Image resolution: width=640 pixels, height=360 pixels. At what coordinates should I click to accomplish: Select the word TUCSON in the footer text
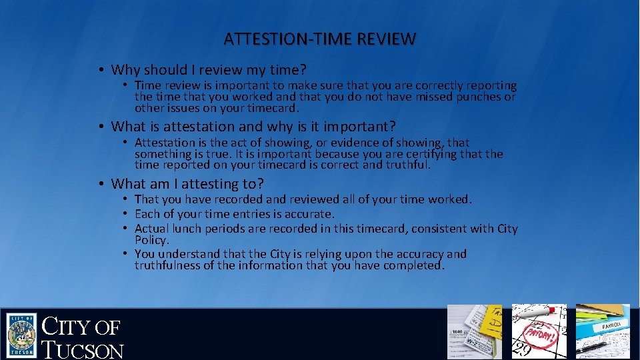[83, 350]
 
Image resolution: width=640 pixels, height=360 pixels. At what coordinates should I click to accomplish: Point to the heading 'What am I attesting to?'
[187, 183]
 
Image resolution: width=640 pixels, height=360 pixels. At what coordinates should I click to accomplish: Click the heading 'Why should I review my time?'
[208, 69]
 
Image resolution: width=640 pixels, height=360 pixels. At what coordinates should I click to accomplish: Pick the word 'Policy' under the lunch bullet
[151, 239]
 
